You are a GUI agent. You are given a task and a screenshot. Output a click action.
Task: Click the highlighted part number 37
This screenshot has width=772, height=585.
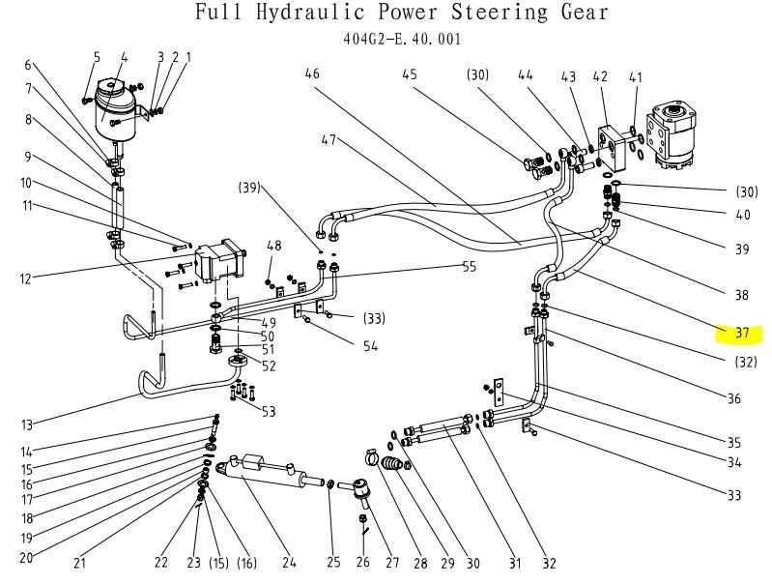741,334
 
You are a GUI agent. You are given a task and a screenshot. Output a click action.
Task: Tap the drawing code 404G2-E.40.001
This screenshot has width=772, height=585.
402,40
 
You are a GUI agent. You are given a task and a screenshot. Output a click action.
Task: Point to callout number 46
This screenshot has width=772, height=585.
311,73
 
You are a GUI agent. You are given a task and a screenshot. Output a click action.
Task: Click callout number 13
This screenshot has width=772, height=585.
26,424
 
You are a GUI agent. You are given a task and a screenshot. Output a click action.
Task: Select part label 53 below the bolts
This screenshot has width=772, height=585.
268,412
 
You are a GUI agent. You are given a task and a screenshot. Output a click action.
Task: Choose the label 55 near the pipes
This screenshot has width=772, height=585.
470,266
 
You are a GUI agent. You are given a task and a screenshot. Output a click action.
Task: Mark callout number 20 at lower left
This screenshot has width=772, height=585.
26,557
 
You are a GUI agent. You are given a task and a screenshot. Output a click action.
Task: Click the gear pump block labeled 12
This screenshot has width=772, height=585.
217,262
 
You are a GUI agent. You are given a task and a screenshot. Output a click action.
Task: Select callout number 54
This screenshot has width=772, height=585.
370,347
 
